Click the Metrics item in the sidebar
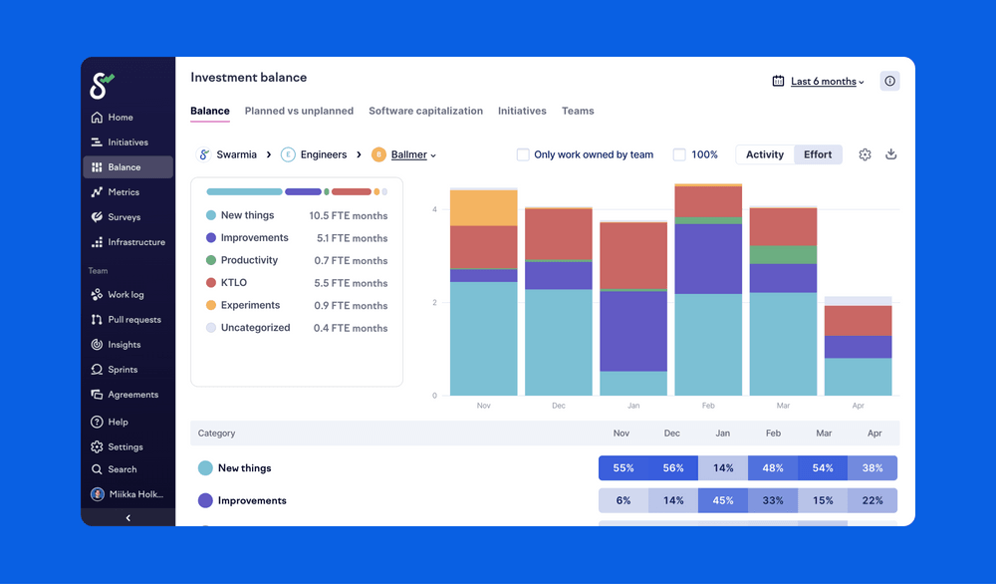(x=123, y=192)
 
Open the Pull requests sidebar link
(x=133, y=320)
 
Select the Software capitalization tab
(x=425, y=112)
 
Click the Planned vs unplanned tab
(x=299, y=112)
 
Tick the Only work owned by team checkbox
(x=523, y=154)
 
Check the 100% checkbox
(x=679, y=154)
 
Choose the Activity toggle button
(x=764, y=154)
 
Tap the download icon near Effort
(x=891, y=154)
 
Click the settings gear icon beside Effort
(x=865, y=154)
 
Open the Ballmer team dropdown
(x=412, y=155)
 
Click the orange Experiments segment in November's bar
(x=483, y=208)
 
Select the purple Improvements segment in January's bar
(x=633, y=331)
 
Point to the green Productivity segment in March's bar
(x=783, y=254)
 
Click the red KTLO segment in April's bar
(x=858, y=321)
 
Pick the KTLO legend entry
(x=233, y=283)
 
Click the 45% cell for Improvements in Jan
(x=722, y=500)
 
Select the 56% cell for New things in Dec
(x=672, y=468)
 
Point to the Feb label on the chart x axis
(x=708, y=407)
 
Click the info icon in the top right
(x=889, y=82)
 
